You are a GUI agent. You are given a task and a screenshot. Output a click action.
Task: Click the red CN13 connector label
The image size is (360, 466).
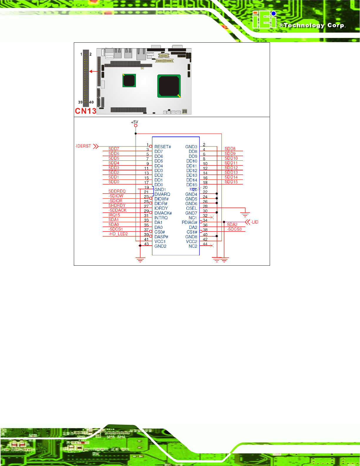86,111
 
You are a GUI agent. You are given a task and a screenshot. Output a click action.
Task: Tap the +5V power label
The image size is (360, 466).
134,122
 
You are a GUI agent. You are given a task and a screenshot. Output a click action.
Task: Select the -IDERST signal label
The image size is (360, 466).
83,146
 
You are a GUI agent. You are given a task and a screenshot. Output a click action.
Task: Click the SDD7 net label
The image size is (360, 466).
114,149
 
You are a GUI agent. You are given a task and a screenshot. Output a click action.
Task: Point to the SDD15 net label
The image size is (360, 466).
231,182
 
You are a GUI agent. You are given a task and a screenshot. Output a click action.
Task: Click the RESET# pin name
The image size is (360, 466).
163,147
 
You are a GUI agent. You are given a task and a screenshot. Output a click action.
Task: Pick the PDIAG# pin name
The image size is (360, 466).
189,222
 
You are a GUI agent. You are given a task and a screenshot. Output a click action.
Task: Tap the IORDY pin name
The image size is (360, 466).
161,208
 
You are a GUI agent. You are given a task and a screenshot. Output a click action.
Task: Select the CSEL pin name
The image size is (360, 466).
191,208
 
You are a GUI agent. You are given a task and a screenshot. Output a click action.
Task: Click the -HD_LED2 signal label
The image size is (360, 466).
118,234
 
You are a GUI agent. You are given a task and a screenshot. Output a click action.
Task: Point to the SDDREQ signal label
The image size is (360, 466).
117,191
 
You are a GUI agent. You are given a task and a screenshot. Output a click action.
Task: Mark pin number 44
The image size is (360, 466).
205,244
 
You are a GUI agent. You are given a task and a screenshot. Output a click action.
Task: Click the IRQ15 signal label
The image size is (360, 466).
114,215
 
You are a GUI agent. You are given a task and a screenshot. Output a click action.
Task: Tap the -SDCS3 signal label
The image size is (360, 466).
235,229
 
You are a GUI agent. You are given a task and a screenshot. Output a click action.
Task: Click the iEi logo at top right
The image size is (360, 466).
264,20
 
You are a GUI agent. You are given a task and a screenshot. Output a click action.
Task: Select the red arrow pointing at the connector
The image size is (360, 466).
94,71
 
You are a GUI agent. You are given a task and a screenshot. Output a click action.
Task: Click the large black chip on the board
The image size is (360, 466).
169,86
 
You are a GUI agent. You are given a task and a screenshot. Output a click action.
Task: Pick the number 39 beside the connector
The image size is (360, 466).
80,102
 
